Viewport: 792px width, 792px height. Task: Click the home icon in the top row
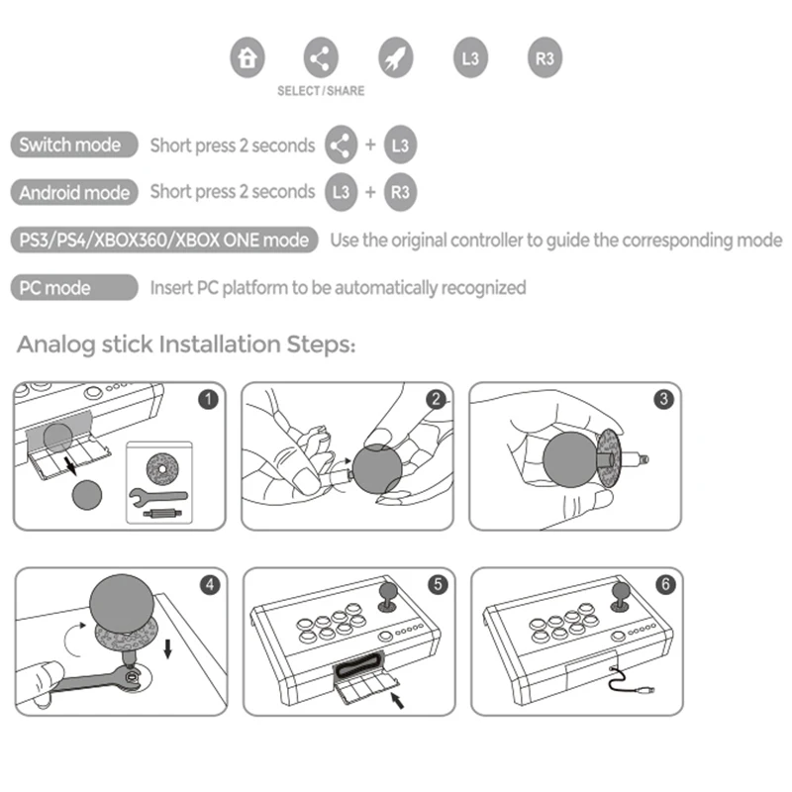247,57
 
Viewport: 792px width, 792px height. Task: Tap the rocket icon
395,57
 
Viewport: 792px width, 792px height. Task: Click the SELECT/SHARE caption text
321,91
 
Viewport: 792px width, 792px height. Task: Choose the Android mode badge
74,192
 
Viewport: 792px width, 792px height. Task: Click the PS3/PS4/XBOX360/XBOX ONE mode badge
164,240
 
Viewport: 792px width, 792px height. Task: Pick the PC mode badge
74,288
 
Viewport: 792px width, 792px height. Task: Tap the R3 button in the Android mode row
400,192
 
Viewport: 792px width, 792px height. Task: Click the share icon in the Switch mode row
340,146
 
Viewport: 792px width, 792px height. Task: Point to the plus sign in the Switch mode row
370,146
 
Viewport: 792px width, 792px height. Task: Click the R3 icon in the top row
544,57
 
